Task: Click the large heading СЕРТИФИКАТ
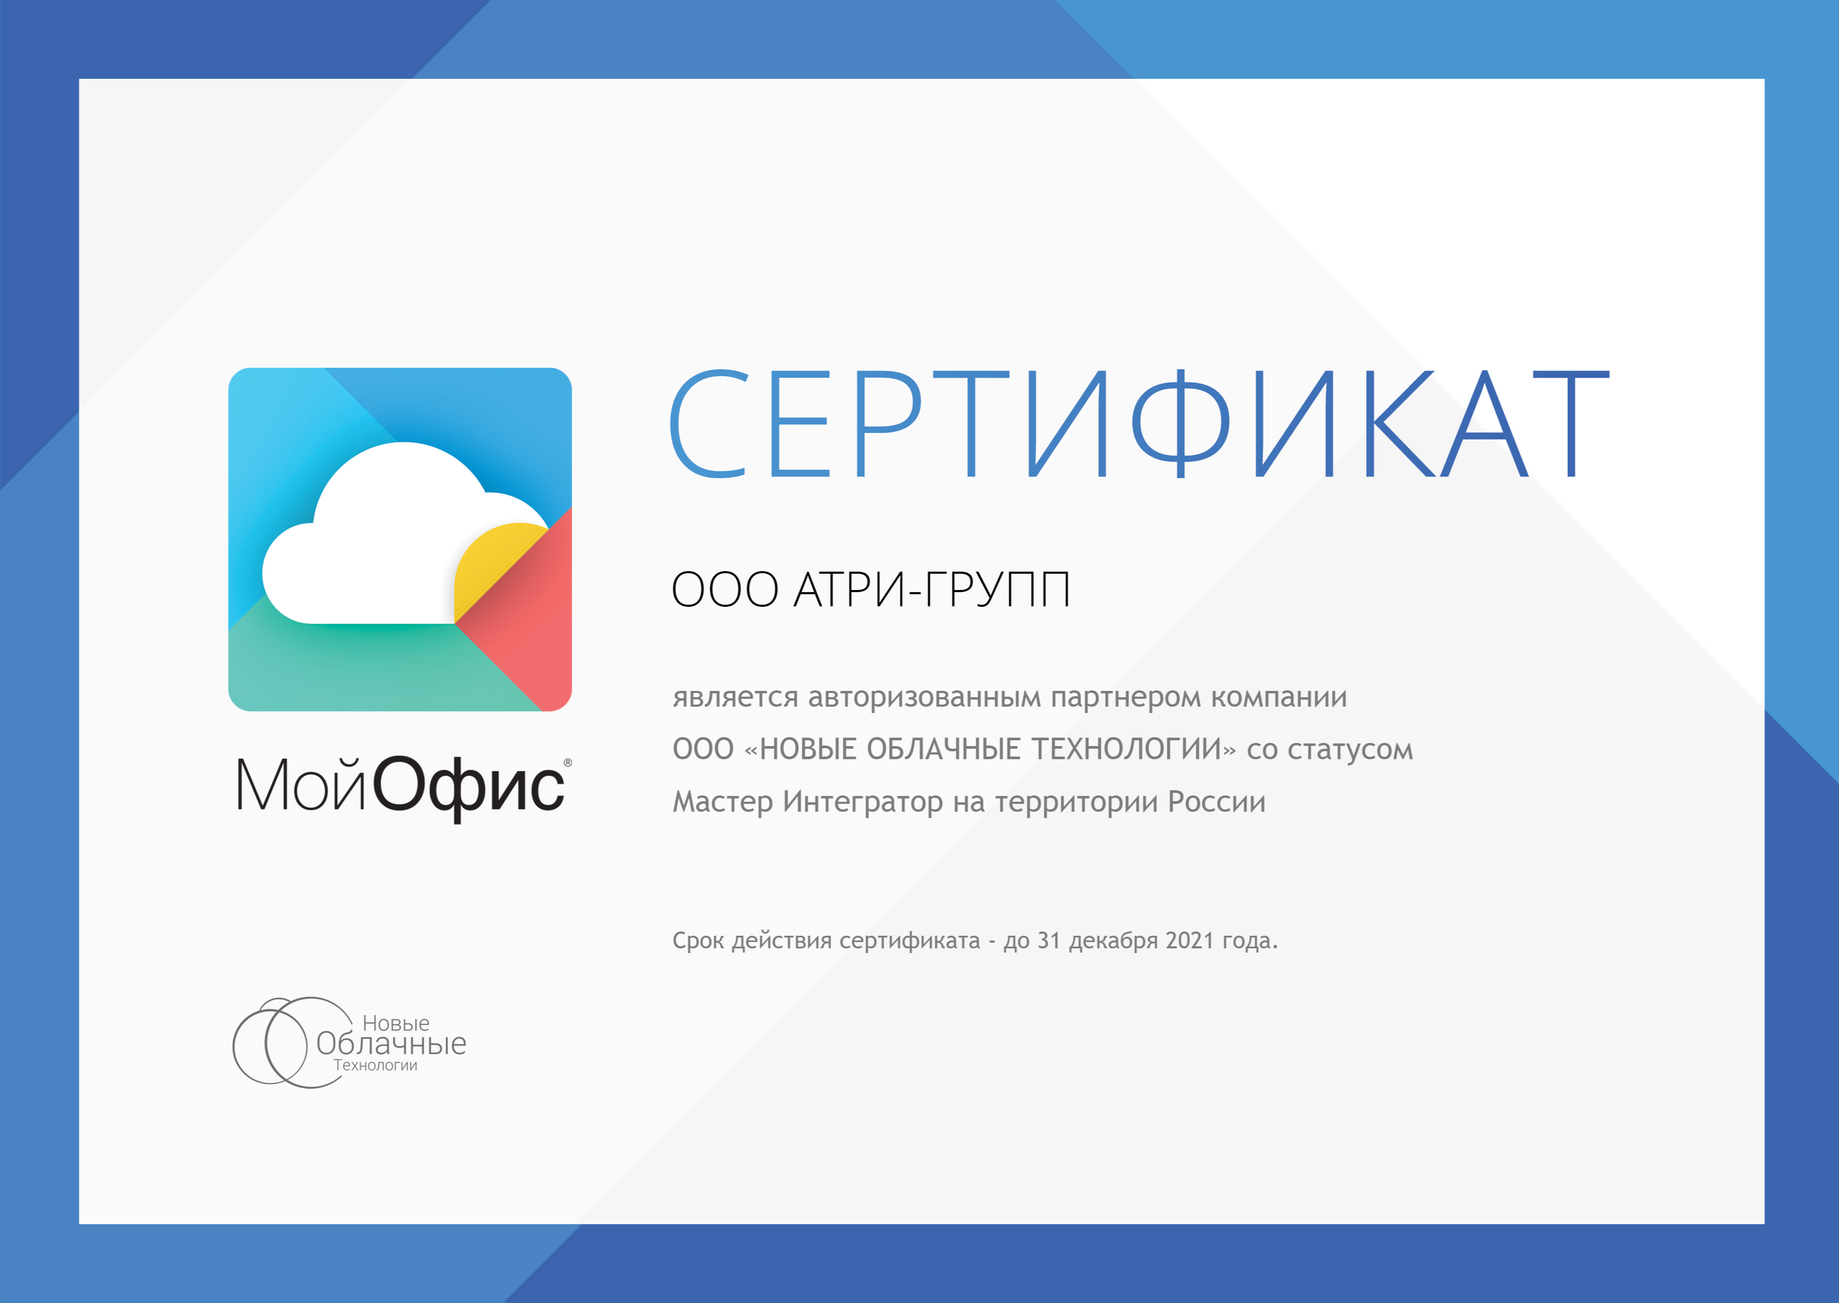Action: [1139, 423]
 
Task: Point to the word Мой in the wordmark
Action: [301, 784]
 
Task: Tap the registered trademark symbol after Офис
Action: [568, 763]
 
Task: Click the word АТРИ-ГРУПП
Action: [932, 590]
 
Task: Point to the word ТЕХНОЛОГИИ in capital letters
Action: [1125, 749]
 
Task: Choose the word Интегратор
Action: [863, 802]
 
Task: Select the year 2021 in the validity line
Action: [1190, 940]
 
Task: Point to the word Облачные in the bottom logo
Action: [391, 1043]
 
